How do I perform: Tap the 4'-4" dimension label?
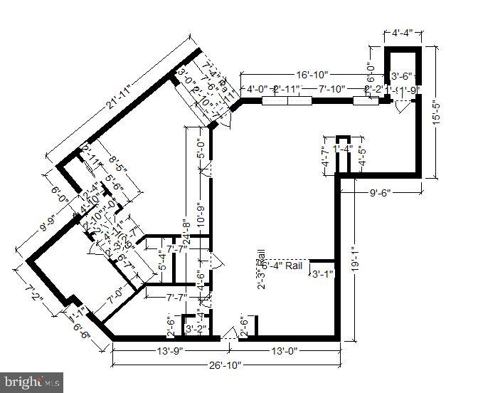403,32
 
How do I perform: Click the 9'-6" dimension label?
380,192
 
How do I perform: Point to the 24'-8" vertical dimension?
186,234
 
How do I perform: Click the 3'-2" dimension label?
196,329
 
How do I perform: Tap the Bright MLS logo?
32,381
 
